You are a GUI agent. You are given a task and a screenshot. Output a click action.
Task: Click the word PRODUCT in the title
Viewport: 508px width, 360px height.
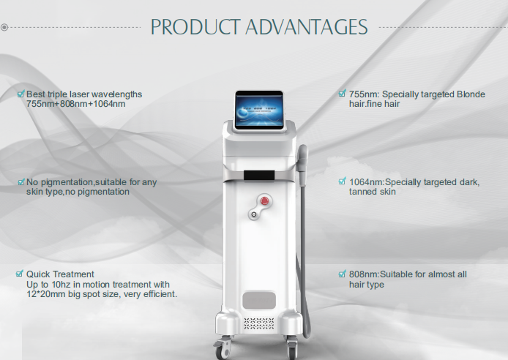pyautogui.click(x=195, y=27)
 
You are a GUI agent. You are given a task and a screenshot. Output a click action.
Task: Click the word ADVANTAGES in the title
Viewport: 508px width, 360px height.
pyautogui.click(x=307, y=27)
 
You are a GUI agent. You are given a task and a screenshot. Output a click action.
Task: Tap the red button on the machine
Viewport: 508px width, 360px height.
pyautogui.click(x=265, y=200)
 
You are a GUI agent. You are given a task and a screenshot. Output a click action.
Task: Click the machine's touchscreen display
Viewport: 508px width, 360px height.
pyautogui.click(x=259, y=110)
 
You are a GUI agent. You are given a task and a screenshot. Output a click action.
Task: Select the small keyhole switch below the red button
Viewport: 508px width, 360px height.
pyautogui.click(x=254, y=214)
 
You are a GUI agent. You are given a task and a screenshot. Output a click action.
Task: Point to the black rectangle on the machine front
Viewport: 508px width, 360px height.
pyautogui.click(x=259, y=175)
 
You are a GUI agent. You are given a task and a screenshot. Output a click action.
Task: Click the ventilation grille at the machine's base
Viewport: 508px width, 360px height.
pyautogui.click(x=259, y=323)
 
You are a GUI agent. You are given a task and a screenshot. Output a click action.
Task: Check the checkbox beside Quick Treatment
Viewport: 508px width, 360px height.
pyautogui.click(x=20, y=274)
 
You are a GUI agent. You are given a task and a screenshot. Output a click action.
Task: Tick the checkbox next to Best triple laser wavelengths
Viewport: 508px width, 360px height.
pyautogui.click(x=20, y=94)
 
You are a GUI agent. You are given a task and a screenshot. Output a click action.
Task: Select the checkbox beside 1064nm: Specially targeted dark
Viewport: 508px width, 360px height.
pyautogui.click(x=342, y=181)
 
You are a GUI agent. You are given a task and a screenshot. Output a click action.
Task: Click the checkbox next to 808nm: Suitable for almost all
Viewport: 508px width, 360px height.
pyautogui.click(x=342, y=274)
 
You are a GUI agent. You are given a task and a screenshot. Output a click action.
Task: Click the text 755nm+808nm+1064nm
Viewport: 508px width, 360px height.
pyautogui.click(x=76, y=104)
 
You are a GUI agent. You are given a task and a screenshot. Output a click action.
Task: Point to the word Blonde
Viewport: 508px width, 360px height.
pyautogui.click(x=471, y=94)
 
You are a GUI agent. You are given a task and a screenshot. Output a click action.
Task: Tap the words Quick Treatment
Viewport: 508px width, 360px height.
pyautogui.click(x=60, y=274)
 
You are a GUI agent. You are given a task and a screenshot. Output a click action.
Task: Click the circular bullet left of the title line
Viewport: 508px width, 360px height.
pyautogui.click(x=4, y=28)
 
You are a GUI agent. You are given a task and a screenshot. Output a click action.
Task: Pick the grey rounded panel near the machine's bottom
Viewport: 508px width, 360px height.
pyautogui.click(x=259, y=300)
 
